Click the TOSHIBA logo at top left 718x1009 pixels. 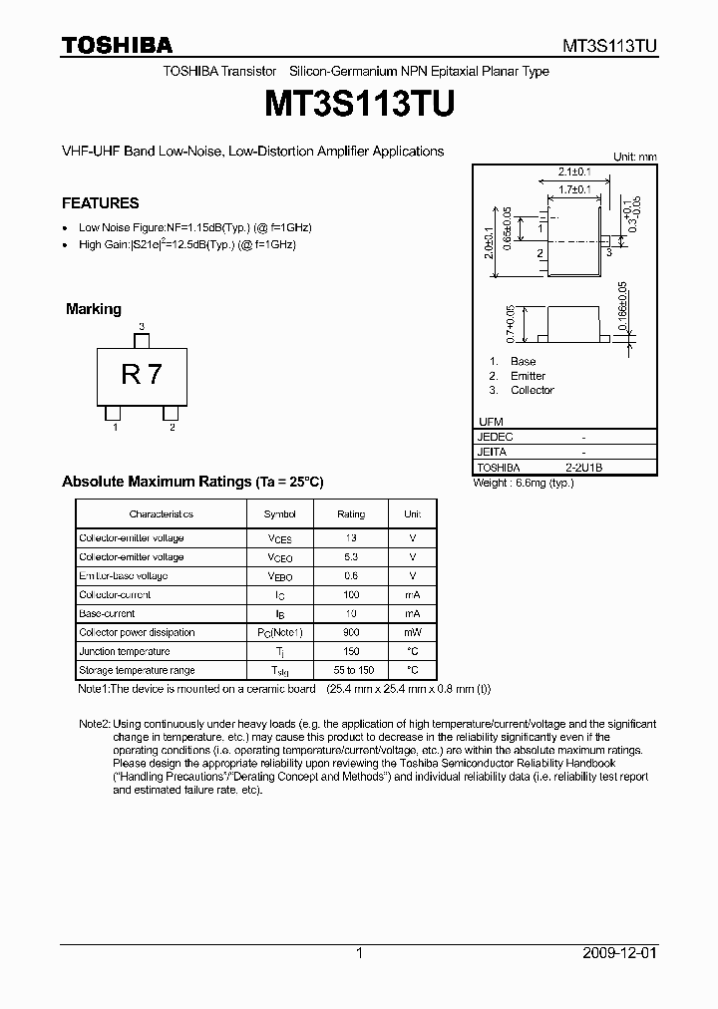pyautogui.click(x=117, y=45)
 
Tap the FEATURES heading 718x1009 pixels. pyautogui.click(x=101, y=203)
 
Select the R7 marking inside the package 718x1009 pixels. pyautogui.click(x=142, y=375)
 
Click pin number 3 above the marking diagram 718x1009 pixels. pyautogui.click(x=142, y=327)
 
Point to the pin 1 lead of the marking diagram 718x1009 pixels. pyautogui.click(x=114, y=413)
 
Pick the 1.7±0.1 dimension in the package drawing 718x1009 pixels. pyautogui.click(x=573, y=188)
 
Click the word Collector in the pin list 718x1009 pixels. pyautogui.click(x=532, y=390)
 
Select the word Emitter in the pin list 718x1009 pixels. pyautogui.click(x=528, y=376)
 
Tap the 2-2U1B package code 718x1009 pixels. pyautogui.click(x=583, y=467)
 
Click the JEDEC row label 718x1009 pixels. pyautogui.click(x=496, y=437)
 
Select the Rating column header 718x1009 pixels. pyautogui.click(x=351, y=514)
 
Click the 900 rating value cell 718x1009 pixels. pyautogui.click(x=351, y=633)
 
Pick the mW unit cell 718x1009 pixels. pyautogui.click(x=412, y=633)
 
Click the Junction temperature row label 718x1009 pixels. pyautogui.click(x=124, y=652)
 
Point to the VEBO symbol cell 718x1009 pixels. pyautogui.click(x=279, y=576)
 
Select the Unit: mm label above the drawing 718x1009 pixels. pyautogui.click(x=634, y=157)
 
